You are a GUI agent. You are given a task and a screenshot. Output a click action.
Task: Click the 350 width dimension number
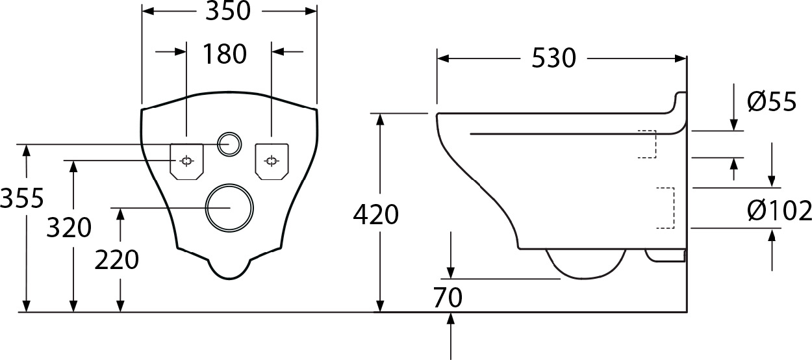228,11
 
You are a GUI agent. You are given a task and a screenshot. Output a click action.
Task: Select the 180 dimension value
225,54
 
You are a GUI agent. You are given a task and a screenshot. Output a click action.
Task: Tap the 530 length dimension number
553,58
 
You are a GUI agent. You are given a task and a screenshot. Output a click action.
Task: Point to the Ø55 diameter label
772,101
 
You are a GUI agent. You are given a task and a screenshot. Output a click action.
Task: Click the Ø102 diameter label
780,211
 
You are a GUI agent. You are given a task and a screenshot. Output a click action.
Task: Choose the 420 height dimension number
376,214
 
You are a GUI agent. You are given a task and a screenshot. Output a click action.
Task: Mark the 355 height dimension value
21,198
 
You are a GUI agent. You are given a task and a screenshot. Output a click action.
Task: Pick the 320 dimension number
69,227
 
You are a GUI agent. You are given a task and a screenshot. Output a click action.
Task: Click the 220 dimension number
117,260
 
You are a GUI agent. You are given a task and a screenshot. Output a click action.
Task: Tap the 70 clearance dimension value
448,298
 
